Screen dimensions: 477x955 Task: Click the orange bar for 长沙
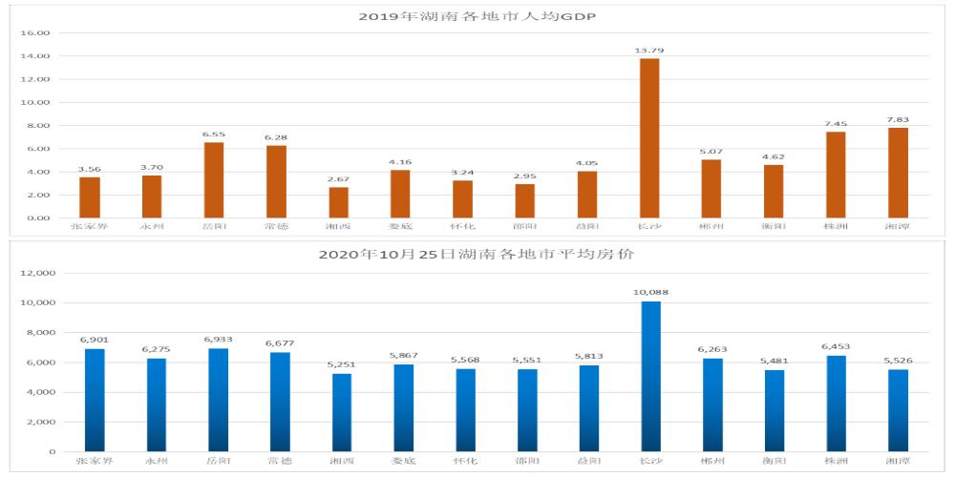[x=649, y=138]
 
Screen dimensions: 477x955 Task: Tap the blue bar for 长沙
[x=649, y=377]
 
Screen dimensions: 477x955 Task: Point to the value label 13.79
[x=649, y=49]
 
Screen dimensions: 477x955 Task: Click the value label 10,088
[x=649, y=293]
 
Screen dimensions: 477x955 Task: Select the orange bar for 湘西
[x=339, y=202]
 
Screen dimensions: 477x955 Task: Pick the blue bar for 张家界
[x=95, y=400]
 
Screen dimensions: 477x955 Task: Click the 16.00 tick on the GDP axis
[x=36, y=32]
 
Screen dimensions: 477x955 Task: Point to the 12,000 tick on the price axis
[x=38, y=273]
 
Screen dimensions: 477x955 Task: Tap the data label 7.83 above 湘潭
[x=897, y=119]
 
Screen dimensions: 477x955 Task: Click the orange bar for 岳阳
[x=214, y=180]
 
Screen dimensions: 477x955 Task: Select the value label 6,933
[x=218, y=340]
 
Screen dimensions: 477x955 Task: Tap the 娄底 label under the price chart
[x=401, y=461]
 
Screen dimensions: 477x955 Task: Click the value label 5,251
[x=342, y=364]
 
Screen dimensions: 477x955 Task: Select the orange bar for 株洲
[x=836, y=175]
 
